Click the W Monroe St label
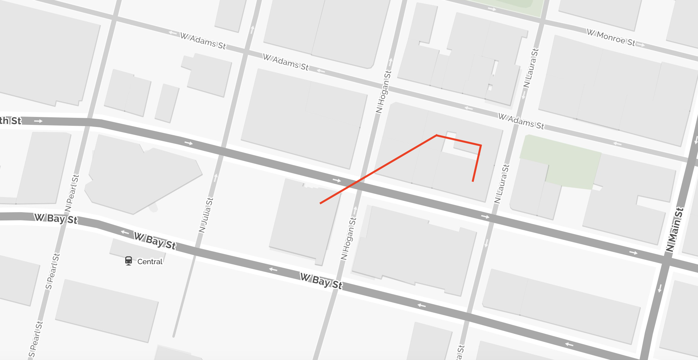(611, 38)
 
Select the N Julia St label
(206, 215)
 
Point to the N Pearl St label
(72, 193)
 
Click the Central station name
(150, 262)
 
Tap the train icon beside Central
(129, 261)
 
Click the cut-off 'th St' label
(11, 121)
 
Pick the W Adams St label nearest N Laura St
(521, 121)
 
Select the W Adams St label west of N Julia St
(203, 41)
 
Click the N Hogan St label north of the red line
(384, 92)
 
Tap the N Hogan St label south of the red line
(349, 238)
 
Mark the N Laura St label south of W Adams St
(502, 184)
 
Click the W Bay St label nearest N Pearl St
(56, 219)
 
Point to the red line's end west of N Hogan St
(320, 203)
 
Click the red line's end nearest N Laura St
(473, 181)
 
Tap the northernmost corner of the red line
(437, 135)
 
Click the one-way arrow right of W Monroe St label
(641, 45)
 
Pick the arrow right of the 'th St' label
(38, 121)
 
